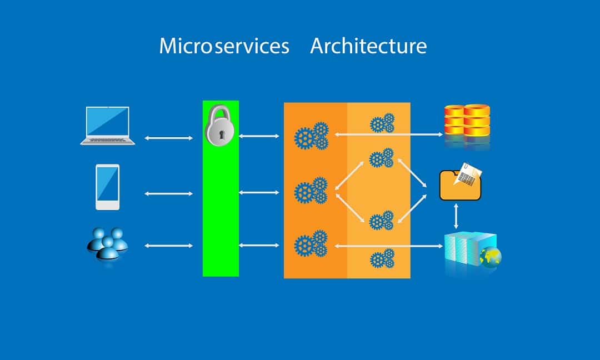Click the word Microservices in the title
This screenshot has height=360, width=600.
pos(224,46)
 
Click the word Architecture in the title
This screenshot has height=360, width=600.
pos(368,46)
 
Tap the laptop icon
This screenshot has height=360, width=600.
pos(108,126)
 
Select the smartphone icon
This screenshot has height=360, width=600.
pos(108,187)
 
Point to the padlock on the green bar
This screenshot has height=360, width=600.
pos(219,124)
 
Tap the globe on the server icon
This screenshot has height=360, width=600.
pos(491,257)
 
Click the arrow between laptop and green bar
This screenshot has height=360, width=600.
pos(169,138)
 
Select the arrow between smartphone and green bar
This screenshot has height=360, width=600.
pos(169,193)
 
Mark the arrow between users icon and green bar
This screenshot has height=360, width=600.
pos(169,246)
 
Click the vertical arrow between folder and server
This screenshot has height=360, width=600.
pos(456,216)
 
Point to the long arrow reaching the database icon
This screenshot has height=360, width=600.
pos(389,134)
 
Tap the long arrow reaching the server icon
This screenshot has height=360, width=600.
pos(389,246)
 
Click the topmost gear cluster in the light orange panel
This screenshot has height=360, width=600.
pos(382,123)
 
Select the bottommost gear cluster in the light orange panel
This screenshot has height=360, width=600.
pos(382,258)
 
